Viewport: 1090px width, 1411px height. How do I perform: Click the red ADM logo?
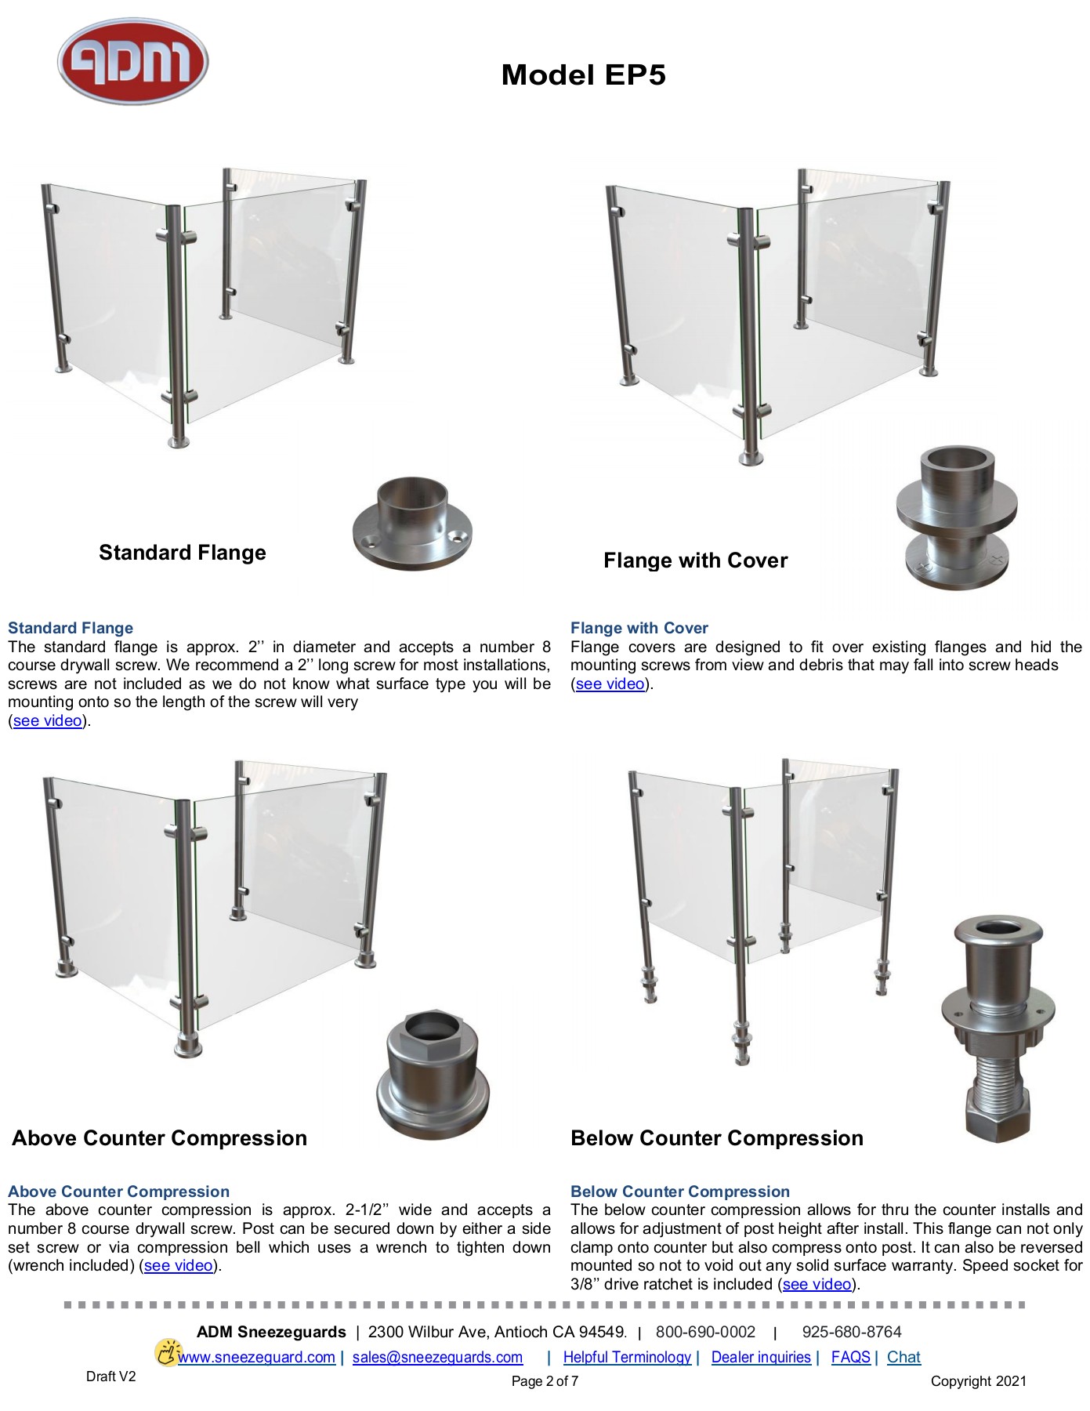coord(132,60)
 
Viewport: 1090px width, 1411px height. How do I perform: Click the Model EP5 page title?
coord(584,74)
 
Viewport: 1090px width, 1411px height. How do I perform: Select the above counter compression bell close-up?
coord(433,1073)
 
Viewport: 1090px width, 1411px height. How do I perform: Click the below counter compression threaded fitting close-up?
coord(998,1027)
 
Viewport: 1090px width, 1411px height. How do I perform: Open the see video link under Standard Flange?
coord(48,720)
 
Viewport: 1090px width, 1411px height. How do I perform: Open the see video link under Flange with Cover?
coord(610,684)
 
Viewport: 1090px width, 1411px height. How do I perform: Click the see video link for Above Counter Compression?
coord(179,1265)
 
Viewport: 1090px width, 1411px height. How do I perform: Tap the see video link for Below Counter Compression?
coord(817,1284)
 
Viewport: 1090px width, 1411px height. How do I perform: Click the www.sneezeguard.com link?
coord(257,1357)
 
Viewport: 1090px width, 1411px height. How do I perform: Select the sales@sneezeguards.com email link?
coord(437,1357)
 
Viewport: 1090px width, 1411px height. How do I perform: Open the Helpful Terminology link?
coord(627,1357)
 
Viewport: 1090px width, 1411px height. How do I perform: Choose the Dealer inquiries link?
coord(761,1357)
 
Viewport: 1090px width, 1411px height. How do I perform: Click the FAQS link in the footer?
coord(851,1357)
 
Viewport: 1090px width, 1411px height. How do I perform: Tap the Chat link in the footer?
coord(904,1357)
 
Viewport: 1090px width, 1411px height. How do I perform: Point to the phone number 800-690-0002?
coord(705,1332)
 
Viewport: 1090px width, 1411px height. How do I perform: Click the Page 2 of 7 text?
coord(545,1381)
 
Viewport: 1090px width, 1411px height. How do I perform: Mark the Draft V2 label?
coord(110,1377)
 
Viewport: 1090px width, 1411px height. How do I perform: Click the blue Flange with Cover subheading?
coord(639,628)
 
